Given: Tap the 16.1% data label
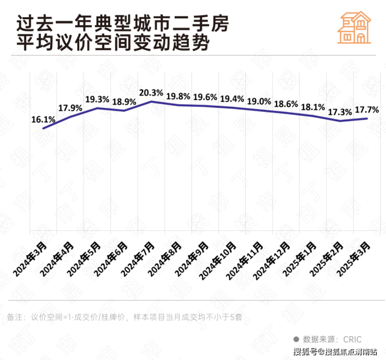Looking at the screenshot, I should tap(43, 119).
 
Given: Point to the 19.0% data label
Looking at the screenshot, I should tap(259, 102).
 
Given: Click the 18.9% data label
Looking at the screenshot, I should tap(124, 101).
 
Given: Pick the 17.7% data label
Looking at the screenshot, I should tap(367, 110).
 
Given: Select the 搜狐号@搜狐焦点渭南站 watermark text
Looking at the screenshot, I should tap(334, 352).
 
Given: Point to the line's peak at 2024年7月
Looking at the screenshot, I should tap(150, 101).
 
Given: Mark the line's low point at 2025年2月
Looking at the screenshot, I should tap(340, 121).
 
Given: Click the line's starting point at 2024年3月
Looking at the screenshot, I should tap(43, 128).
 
